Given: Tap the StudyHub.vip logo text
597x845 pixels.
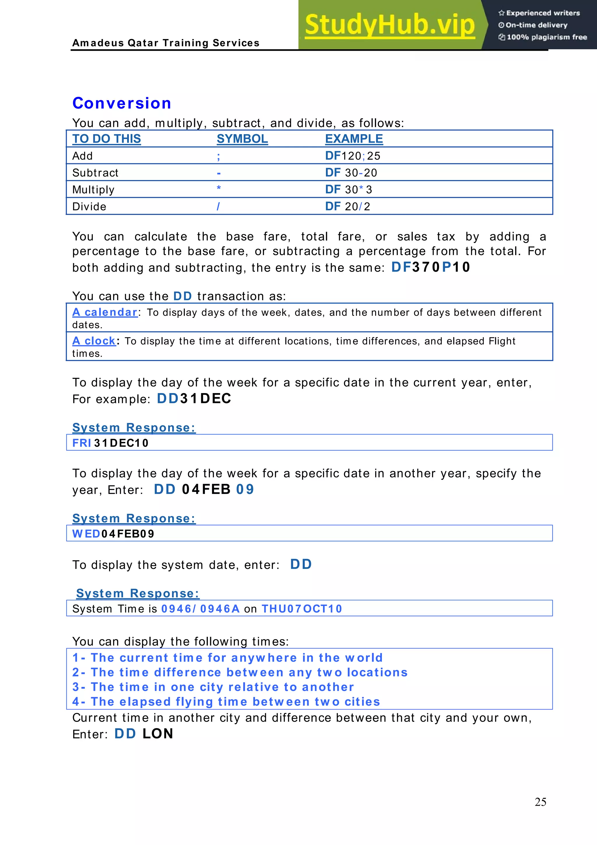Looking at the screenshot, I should (x=389, y=25).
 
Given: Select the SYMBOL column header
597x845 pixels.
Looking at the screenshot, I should (x=242, y=139).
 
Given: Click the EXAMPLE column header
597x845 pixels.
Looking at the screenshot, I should (x=354, y=139).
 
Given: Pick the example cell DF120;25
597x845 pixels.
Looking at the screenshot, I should (x=352, y=156).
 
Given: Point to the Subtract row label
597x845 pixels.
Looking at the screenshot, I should (x=95, y=173).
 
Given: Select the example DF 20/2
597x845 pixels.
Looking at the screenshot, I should (x=347, y=206).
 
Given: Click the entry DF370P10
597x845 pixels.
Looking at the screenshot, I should (x=430, y=267).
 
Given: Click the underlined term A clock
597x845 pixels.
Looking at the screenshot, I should (x=94, y=341).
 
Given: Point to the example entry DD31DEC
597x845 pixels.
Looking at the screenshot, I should (x=194, y=399).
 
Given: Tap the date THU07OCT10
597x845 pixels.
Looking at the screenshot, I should (x=302, y=609).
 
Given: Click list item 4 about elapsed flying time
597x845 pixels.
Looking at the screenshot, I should (x=226, y=702).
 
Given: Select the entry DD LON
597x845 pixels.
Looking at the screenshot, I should (x=144, y=734).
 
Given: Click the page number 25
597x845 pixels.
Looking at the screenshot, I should (x=540, y=802).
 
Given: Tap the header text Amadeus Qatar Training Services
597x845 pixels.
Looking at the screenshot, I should (x=166, y=43).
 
